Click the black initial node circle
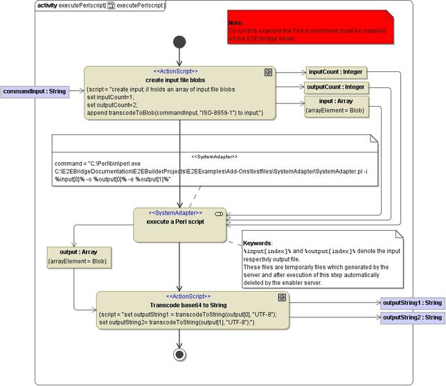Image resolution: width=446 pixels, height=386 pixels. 179,42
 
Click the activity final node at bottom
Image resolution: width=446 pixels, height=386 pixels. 179,354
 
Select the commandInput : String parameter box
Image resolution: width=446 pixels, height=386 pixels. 35,91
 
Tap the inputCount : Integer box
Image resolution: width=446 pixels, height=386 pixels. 334,71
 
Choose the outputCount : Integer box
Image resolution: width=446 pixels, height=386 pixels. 336,87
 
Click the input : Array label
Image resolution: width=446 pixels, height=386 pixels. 334,101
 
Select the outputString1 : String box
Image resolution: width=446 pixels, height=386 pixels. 412,303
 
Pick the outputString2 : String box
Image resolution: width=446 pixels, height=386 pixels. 412,317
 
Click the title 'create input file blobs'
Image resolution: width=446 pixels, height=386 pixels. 175,80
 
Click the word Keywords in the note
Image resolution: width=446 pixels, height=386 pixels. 258,243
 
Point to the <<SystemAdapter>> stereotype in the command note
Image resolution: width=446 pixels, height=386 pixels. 214,157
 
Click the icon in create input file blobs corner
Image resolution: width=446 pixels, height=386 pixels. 268,72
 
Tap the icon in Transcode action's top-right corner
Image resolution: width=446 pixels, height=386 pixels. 282,297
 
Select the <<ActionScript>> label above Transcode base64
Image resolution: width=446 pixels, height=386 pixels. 188,296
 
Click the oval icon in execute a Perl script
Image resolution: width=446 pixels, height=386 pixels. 219,213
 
